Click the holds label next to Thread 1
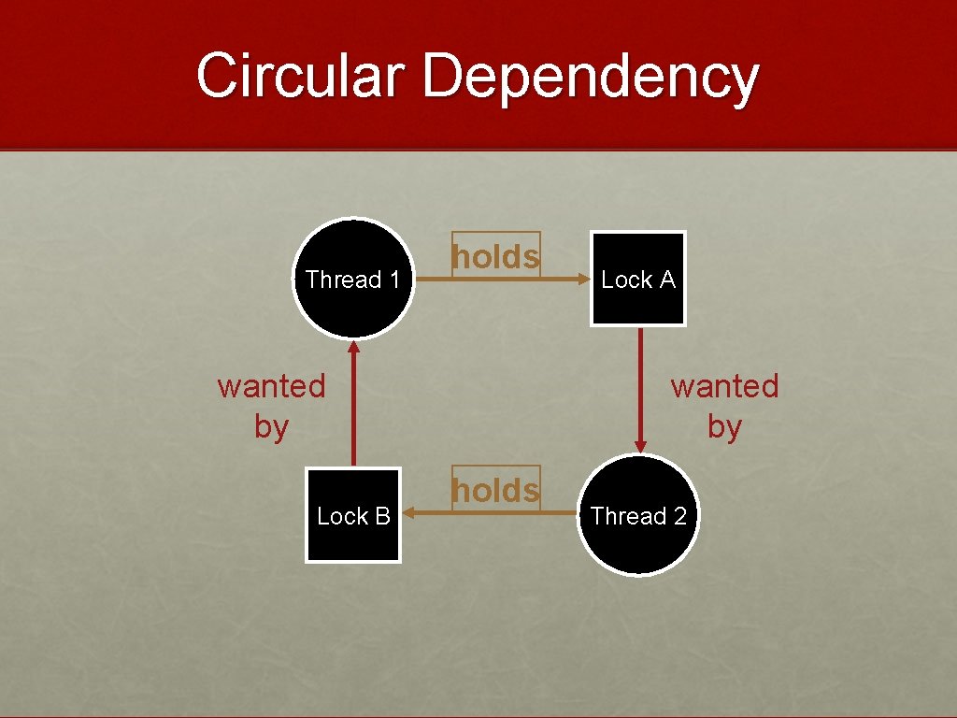[x=495, y=256]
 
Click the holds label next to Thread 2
[x=495, y=490]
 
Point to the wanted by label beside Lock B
[x=271, y=406]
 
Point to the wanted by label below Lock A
[x=724, y=406]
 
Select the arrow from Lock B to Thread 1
[x=354, y=411]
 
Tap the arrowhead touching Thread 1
[x=354, y=347]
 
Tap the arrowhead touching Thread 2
[x=641, y=445]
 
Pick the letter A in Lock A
[x=665, y=280]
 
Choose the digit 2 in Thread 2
[x=678, y=516]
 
